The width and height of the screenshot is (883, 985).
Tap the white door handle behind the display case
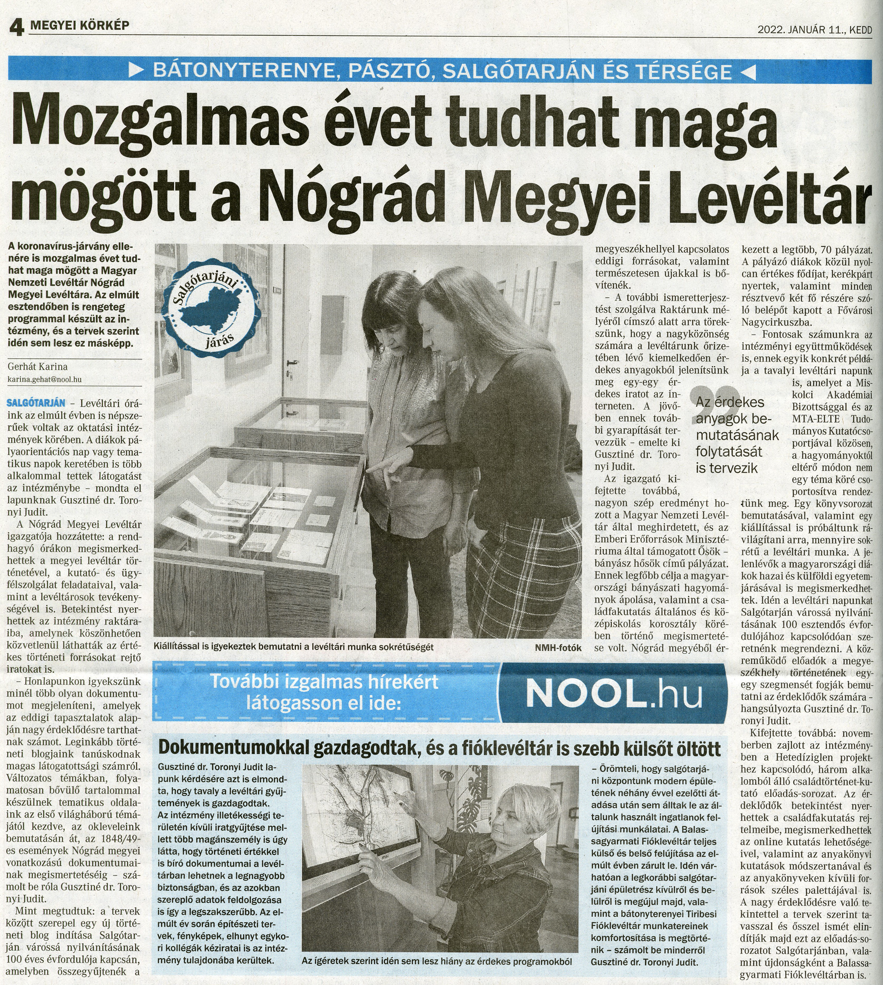(292, 363)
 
